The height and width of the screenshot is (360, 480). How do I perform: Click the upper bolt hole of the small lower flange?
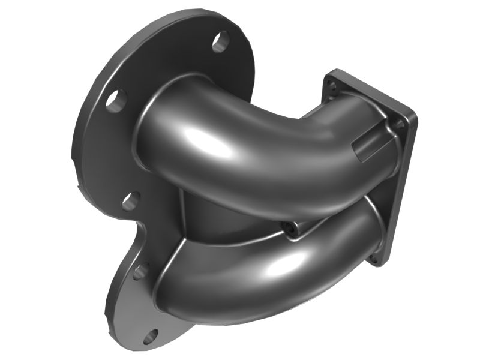click(140, 271)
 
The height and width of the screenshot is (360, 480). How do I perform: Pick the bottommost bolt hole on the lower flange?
click(151, 336)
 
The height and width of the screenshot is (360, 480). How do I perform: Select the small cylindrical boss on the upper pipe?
click(367, 144)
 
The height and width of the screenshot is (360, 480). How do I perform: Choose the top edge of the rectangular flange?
click(372, 90)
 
